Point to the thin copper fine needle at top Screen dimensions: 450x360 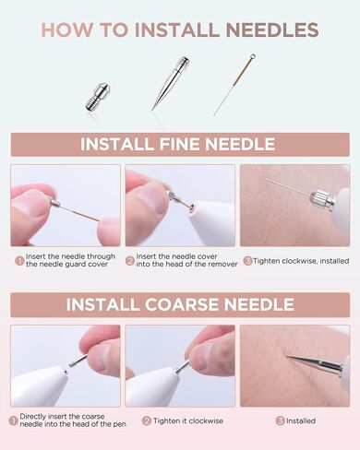click(234, 85)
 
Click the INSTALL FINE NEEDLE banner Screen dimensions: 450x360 click(179, 144)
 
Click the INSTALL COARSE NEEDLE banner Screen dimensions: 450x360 click(179, 304)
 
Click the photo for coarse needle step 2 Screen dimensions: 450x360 click(180, 365)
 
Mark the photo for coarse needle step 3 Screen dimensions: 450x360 click(294, 365)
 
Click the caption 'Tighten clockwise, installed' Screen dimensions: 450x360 click(299, 261)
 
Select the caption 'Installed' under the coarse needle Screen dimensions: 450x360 click(301, 421)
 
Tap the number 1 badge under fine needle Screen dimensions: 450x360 click(18, 261)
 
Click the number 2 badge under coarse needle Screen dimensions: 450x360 click(148, 421)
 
